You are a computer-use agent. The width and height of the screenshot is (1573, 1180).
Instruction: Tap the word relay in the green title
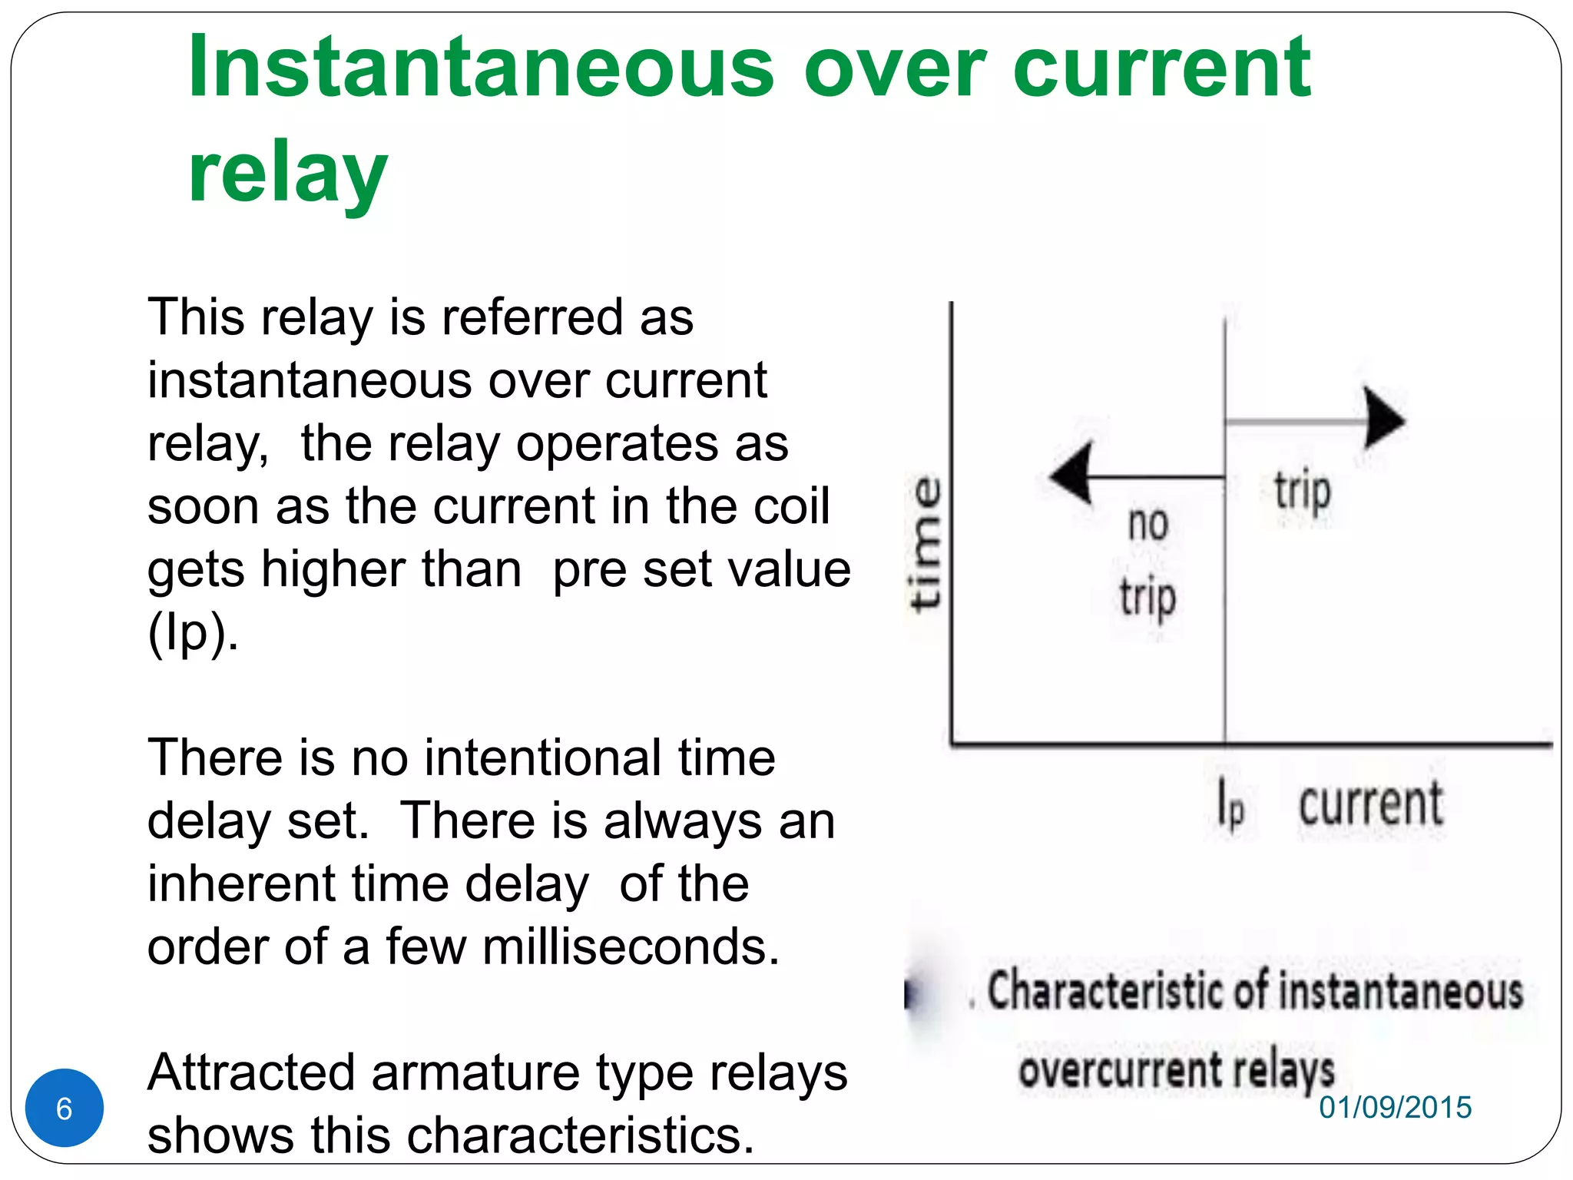(x=288, y=172)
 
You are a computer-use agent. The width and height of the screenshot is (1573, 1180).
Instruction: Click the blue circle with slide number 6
(x=65, y=1108)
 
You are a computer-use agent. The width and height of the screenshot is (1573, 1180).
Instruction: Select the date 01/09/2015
(x=1395, y=1107)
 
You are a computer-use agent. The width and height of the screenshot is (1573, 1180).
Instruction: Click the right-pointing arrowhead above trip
(x=1383, y=419)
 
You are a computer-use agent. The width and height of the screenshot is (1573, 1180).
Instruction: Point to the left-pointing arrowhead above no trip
(x=1071, y=474)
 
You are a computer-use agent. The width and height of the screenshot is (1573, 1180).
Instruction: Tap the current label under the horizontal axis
(x=1370, y=804)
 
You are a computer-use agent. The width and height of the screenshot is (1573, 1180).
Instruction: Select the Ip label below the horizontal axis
(x=1230, y=803)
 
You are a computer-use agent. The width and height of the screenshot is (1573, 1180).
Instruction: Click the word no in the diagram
(x=1147, y=524)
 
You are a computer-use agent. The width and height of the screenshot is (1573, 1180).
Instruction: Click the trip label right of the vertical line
(x=1302, y=491)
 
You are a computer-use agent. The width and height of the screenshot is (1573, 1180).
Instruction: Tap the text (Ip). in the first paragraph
(x=193, y=633)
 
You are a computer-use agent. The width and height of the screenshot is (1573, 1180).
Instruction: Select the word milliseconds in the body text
(x=631, y=946)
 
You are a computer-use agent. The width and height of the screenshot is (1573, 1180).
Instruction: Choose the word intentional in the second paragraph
(x=542, y=757)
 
